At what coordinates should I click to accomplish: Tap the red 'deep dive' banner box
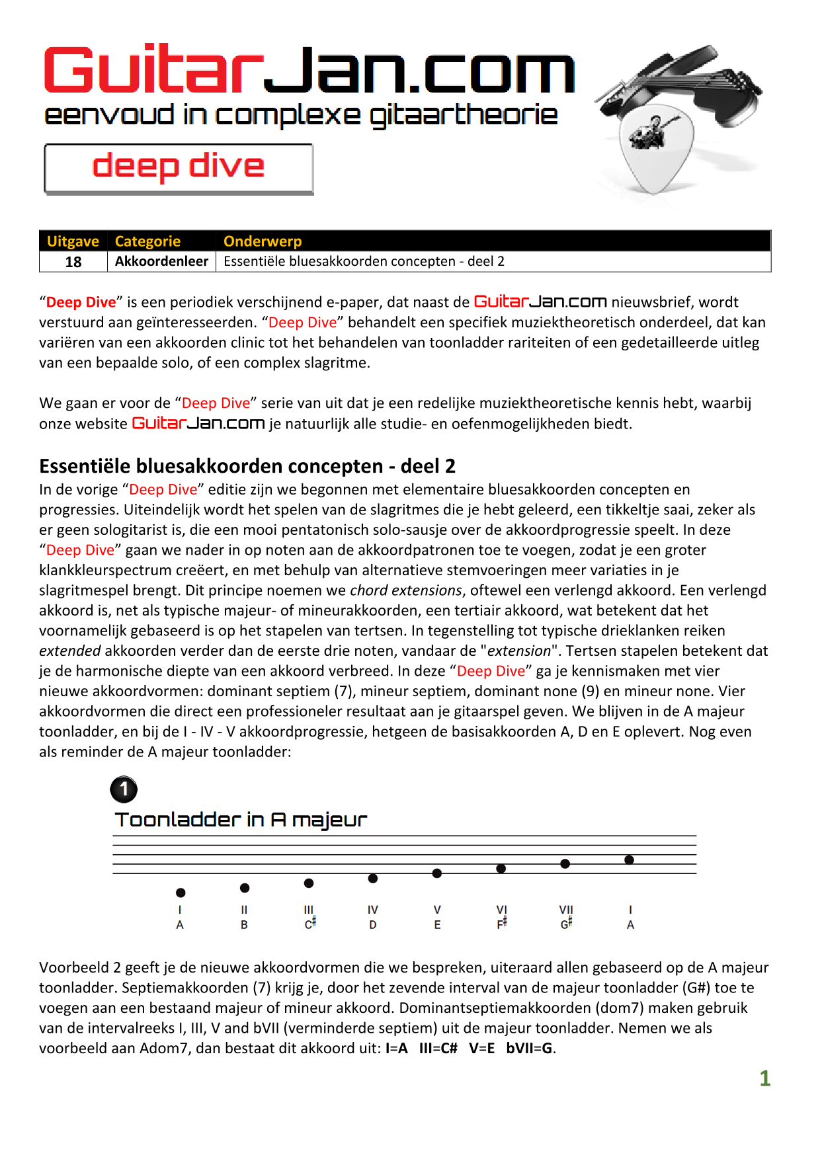[179, 168]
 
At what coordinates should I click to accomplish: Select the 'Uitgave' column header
[73, 241]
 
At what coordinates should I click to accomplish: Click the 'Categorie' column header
[147, 241]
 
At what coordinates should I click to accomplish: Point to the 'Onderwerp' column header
[263, 241]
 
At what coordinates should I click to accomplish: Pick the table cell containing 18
[73, 262]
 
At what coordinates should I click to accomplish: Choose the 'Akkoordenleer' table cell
[161, 261]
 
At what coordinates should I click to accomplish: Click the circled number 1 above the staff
[124, 789]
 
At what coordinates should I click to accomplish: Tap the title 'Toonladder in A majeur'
[241, 820]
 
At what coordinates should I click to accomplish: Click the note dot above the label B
[245, 888]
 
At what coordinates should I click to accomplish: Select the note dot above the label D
[373, 879]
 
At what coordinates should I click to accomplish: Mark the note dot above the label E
[437, 873]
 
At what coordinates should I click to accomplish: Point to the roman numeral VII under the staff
[566, 910]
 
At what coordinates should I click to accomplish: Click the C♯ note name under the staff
[309, 924]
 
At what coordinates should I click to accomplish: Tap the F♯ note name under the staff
[501, 924]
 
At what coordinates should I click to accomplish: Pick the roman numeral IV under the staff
[373, 910]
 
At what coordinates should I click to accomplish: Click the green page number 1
[764, 1079]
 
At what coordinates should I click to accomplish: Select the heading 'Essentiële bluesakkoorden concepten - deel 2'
[247, 466]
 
